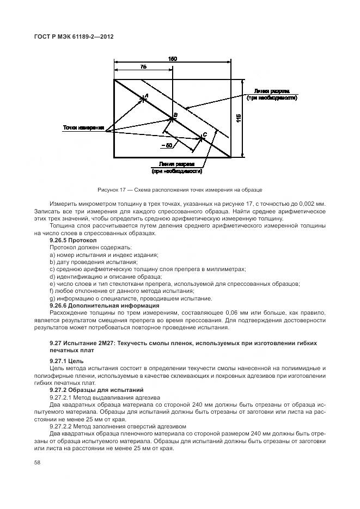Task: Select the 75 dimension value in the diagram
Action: [143, 67]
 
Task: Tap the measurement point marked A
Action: [144, 98]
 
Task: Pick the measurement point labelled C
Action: [202, 137]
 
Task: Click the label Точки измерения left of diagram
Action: [83, 128]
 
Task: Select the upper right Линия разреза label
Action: [271, 94]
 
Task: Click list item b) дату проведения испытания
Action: [86, 262]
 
